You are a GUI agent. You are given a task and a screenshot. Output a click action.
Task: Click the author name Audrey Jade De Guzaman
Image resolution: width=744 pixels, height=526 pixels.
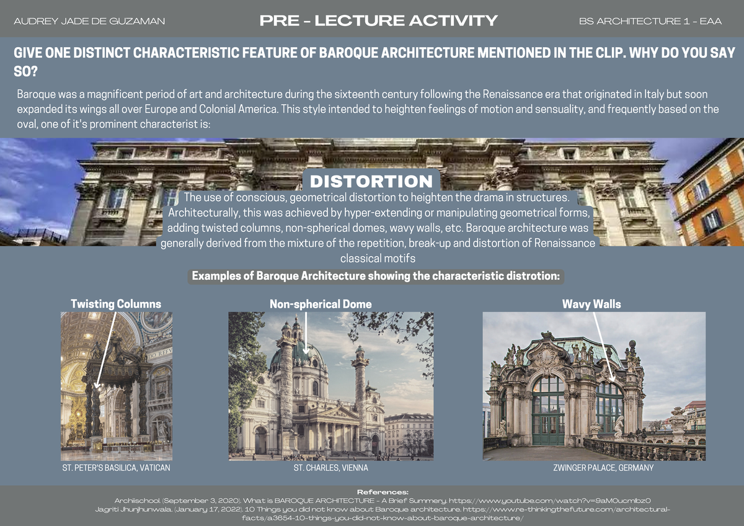[x=89, y=22]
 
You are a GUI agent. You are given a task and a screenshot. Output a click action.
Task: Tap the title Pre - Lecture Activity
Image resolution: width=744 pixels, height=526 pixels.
[x=379, y=21]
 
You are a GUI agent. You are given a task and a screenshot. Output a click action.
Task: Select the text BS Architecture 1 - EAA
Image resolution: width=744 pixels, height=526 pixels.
[x=650, y=22]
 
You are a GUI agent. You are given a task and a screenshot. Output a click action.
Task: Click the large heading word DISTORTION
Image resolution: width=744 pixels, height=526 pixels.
[x=371, y=182]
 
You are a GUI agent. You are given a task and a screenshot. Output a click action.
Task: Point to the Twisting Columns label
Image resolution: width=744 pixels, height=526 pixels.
[x=116, y=304]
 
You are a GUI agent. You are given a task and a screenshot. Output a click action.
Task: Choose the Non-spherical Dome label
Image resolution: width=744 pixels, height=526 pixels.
[x=321, y=304]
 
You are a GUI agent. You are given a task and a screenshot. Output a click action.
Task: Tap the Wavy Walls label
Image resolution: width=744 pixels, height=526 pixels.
[x=591, y=304]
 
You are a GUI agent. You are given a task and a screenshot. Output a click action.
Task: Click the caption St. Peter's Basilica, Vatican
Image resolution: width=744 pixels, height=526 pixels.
[x=116, y=468]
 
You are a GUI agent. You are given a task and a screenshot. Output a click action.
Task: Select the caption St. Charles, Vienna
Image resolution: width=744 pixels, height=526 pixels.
[x=330, y=468]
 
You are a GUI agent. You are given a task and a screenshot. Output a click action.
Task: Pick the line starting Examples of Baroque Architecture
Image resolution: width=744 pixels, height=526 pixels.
[x=376, y=276]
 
